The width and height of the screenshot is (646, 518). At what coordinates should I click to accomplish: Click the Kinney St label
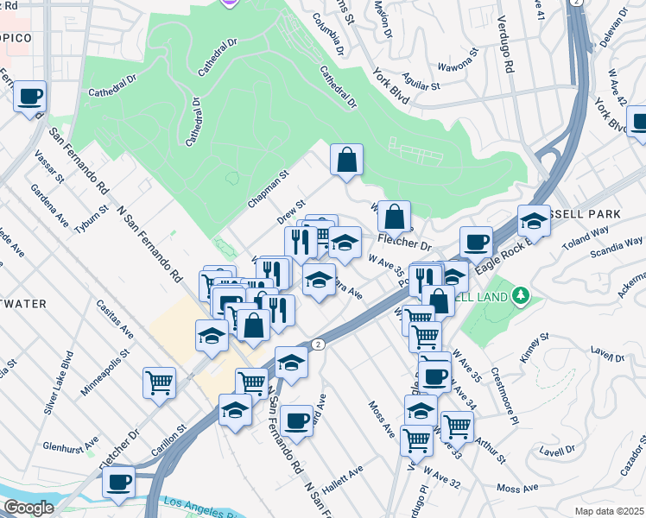coord(534,345)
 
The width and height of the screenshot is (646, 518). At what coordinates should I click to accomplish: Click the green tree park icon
coord(519,297)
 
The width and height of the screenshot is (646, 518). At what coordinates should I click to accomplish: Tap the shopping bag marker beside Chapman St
coord(346,160)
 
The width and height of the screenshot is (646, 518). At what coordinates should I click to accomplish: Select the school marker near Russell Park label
coord(534,222)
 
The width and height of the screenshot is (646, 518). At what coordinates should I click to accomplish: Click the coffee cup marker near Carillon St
coord(119,482)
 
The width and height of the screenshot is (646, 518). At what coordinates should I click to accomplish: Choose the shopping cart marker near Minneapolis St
coord(159,382)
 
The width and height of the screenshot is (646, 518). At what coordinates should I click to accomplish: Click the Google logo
coord(28,508)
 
